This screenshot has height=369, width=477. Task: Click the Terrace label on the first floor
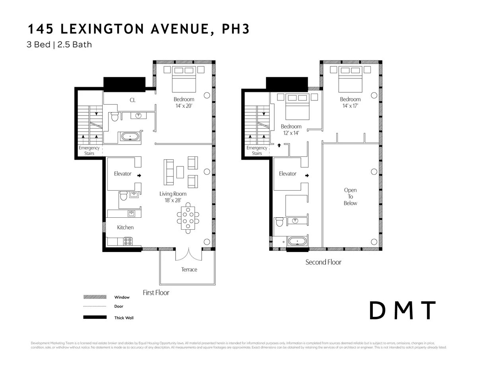(x=189, y=269)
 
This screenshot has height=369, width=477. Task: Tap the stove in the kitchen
(x=128, y=241)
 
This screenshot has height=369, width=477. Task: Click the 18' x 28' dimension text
(x=173, y=200)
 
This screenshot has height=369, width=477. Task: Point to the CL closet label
(x=132, y=100)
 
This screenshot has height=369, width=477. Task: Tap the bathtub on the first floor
(x=130, y=137)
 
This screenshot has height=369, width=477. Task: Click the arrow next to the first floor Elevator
(x=139, y=175)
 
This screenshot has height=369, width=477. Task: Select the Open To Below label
(x=350, y=197)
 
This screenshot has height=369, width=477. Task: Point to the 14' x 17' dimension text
(x=350, y=106)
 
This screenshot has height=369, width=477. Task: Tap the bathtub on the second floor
(x=297, y=241)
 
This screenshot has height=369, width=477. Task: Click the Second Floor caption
(x=323, y=262)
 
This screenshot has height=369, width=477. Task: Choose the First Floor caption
(x=156, y=293)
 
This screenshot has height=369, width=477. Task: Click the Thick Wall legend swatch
(x=95, y=317)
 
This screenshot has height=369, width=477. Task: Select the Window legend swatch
(x=95, y=297)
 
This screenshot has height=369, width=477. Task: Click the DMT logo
(x=402, y=311)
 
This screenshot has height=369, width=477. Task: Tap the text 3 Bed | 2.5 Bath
(x=59, y=45)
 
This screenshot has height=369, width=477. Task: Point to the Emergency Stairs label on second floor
(x=257, y=150)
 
